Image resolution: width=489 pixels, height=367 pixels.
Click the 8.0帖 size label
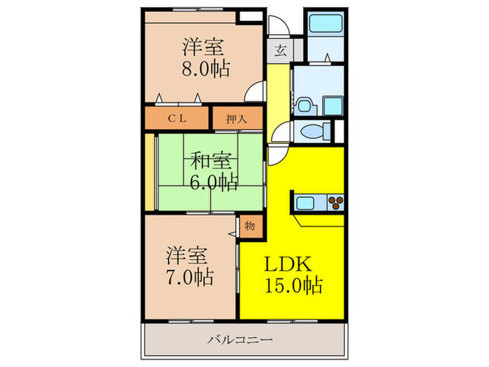[206, 69]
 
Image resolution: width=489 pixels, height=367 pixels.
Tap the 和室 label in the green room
[211, 161]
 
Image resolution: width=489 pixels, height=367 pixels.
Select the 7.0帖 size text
[189, 277]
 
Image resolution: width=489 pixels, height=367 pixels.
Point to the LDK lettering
[288, 264]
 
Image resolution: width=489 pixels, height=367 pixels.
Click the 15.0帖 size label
[293, 285]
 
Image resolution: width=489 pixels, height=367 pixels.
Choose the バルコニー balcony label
[240, 340]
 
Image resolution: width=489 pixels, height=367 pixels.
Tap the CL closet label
[177, 119]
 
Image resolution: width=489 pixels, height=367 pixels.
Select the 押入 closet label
[237, 119]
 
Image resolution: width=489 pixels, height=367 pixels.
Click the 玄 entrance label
[280, 50]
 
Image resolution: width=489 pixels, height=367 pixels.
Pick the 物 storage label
[250, 225]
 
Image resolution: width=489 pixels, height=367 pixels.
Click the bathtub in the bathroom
[326, 23]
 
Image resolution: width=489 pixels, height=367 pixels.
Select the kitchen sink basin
[305, 203]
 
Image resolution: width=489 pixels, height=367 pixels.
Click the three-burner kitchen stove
[335, 203]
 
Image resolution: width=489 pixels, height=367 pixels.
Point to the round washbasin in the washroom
[304, 106]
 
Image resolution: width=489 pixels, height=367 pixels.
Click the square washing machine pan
[333, 106]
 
